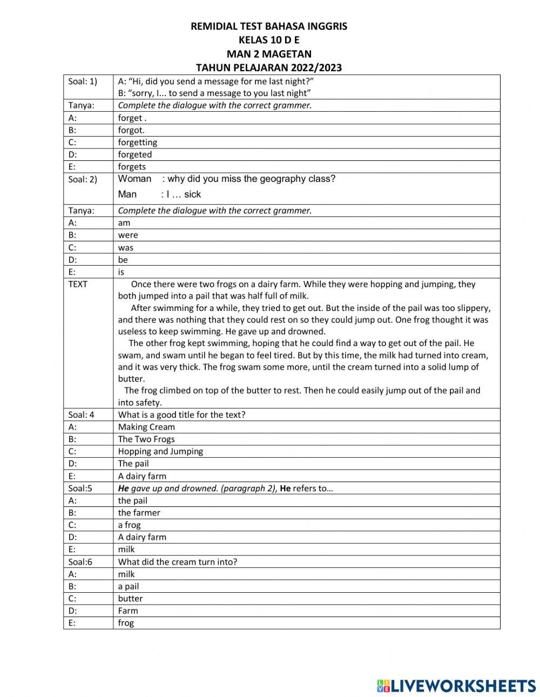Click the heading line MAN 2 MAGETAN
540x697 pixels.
[x=269, y=53]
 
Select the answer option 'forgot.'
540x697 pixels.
[x=131, y=130]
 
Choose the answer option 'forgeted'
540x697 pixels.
[x=135, y=154]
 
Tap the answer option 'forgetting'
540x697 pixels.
[x=138, y=143]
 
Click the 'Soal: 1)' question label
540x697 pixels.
[x=83, y=82]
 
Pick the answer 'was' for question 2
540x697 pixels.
[x=126, y=248]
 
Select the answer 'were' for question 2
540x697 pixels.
[x=128, y=235]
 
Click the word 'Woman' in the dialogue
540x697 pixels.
[x=134, y=179]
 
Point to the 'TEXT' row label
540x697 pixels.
[x=78, y=284]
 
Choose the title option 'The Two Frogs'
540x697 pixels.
[x=146, y=439]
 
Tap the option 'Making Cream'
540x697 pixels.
[x=146, y=427]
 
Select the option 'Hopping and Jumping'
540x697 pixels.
[x=160, y=451]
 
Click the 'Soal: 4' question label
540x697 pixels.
[x=82, y=415]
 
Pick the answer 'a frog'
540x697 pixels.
[x=129, y=525]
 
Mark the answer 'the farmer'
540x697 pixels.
[x=139, y=513]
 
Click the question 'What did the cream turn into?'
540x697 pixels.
[x=178, y=562]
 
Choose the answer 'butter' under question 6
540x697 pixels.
[x=130, y=599]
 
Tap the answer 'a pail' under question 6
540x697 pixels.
[x=129, y=586]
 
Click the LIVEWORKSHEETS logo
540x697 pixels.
[x=456, y=686]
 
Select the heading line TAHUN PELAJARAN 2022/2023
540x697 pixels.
[x=269, y=67]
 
